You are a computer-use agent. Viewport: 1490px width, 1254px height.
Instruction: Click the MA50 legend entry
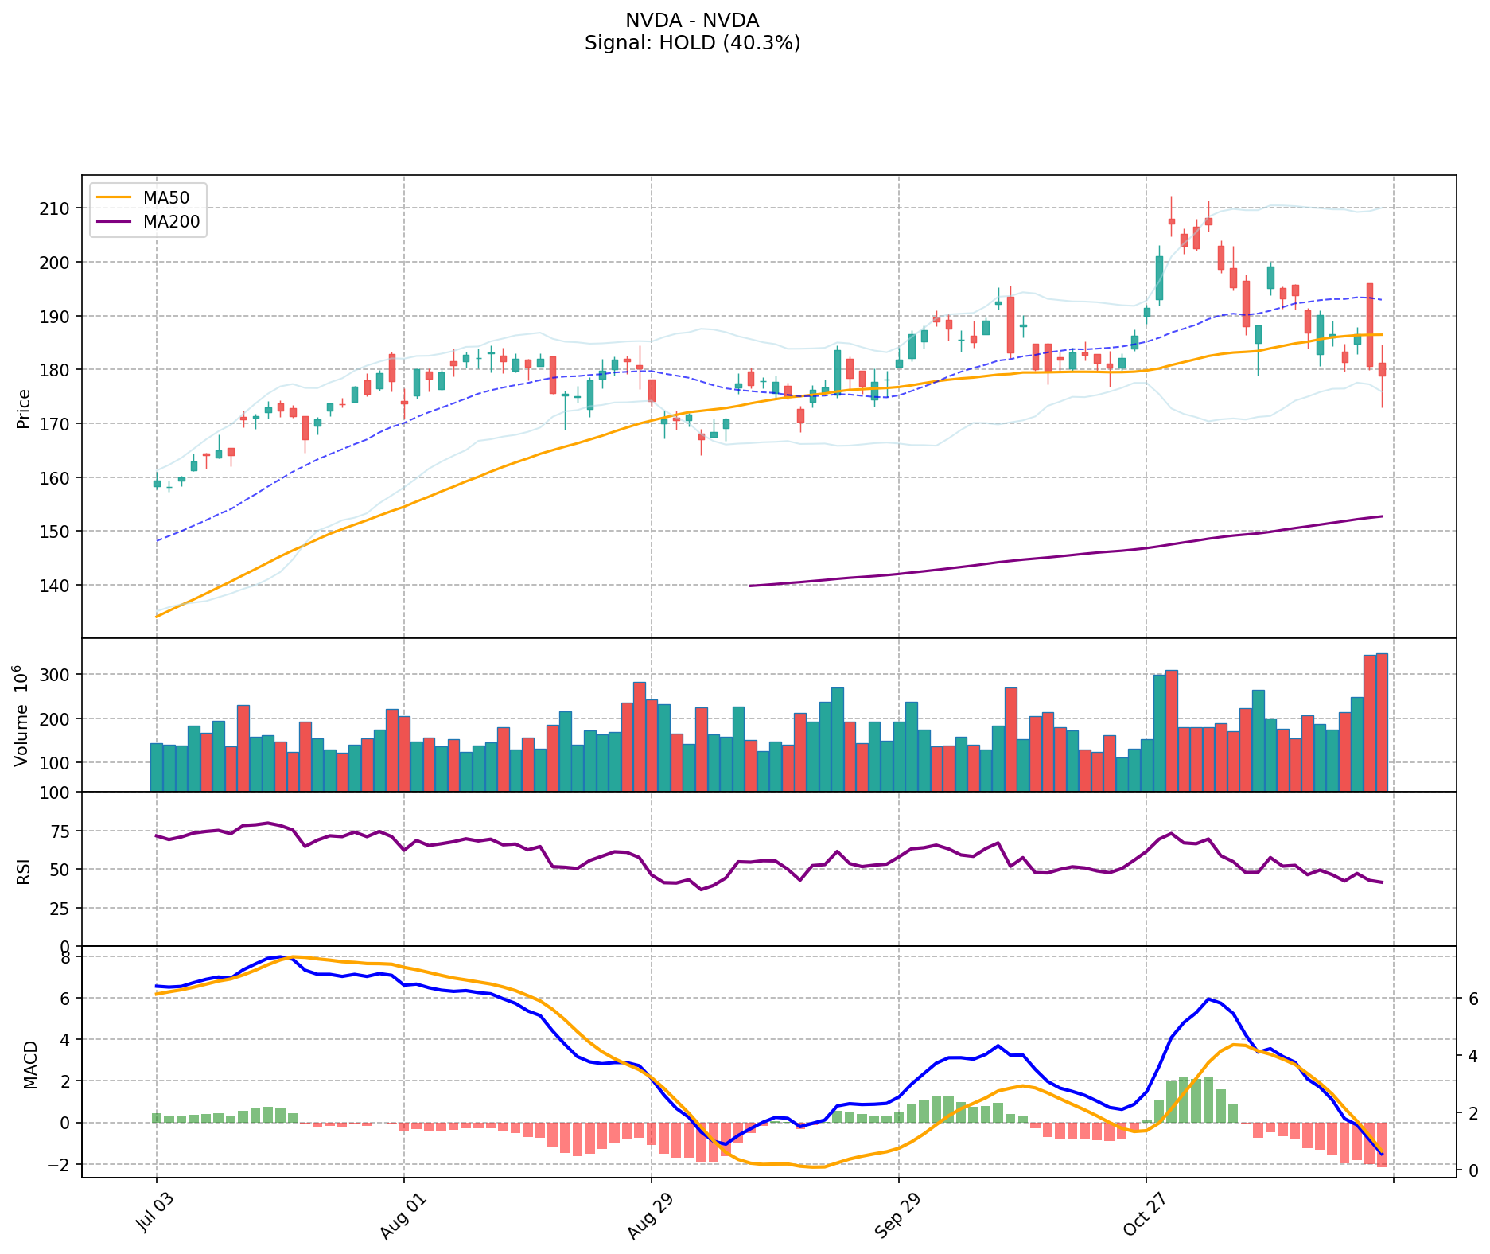coord(165,195)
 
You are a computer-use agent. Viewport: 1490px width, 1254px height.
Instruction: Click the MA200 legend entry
coord(171,222)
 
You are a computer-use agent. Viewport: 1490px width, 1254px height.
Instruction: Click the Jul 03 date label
coord(154,1214)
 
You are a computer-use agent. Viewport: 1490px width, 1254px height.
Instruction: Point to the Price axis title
coord(24,408)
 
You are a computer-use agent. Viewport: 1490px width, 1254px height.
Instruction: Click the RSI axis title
coord(24,870)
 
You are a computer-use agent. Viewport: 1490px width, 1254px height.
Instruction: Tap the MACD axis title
coord(30,1065)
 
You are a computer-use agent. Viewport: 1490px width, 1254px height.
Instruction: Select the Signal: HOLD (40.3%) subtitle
coord(692,43)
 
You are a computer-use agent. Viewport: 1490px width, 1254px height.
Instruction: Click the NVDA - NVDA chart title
coord(692,21)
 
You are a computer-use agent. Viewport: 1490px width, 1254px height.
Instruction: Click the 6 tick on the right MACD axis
coord(1472,998)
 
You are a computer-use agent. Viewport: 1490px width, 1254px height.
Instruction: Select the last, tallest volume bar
coord(1382,722)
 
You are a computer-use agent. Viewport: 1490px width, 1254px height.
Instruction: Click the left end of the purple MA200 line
coord(751,586)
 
